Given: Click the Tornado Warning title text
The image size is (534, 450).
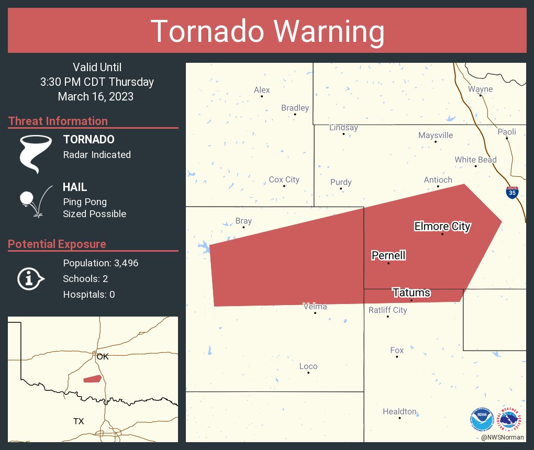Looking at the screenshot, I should (267, 31).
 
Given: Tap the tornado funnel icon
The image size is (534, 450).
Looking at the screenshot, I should (35, 154).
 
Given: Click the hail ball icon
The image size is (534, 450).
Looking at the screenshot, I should (27, 199).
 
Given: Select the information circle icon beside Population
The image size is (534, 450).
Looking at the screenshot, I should (30, 279).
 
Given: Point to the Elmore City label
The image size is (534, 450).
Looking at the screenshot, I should (442, 226).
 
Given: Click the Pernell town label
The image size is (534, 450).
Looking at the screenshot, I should (388, 255).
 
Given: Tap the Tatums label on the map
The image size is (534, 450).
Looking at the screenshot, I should (411, 292).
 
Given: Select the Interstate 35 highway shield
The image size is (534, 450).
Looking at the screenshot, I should (513, 193).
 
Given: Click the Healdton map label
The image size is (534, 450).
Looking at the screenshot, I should (399, 412).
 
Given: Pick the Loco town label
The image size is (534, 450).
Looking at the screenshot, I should (308, 366).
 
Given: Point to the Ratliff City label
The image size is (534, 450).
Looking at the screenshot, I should (387, 310).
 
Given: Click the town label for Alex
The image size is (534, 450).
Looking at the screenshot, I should (262, 90).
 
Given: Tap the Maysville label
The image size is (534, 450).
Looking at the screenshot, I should (436, 136).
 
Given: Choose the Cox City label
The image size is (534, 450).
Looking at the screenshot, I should (284, 179).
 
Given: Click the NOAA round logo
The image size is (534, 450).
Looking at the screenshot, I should (482, 419).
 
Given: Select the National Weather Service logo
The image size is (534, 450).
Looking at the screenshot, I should (511, 419).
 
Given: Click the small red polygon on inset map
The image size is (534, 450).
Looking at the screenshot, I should (93, 378).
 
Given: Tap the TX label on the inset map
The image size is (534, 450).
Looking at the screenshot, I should (79, 421).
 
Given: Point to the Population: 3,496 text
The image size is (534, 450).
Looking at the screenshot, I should (101, 263).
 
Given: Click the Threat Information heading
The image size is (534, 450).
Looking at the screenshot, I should (58, 121).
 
